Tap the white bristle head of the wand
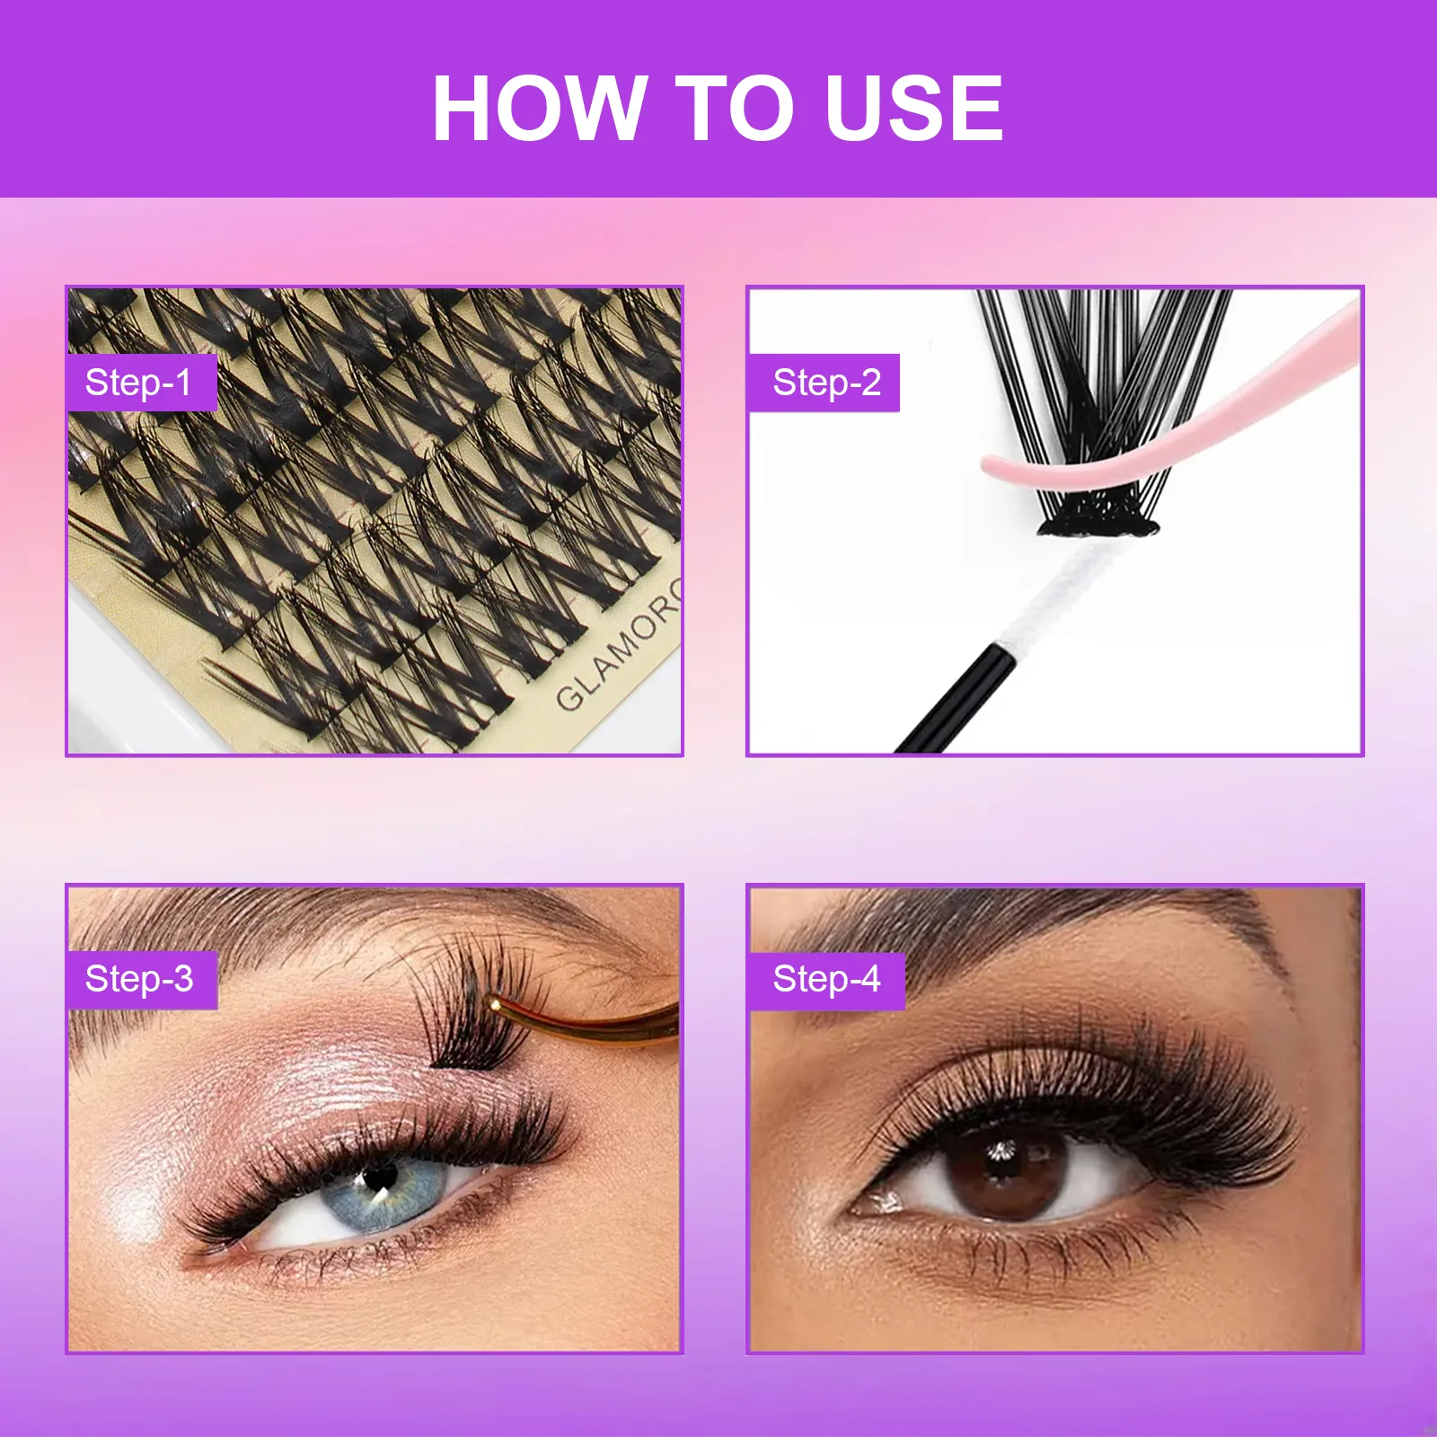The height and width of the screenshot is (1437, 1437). (1060, 593)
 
